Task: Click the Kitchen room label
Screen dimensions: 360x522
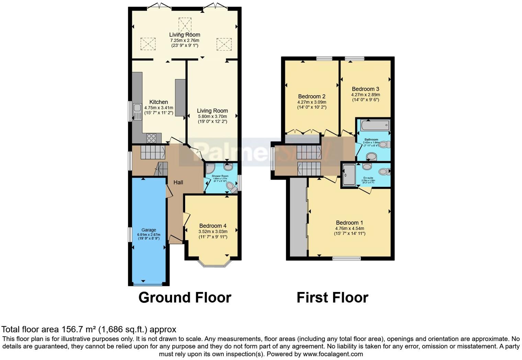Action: click(x=159, y=102)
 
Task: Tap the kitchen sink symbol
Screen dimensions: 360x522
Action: click(x=137, y=111)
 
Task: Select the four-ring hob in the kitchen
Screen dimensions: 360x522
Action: click(x=151, y=138)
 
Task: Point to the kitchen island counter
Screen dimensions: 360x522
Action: click(x=180, y=98)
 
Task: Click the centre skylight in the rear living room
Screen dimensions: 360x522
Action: click(x=184, y=24)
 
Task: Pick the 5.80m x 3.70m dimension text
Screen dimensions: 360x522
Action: click(x=212, y=116)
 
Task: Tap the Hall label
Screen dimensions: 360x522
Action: click(x=178, y=182)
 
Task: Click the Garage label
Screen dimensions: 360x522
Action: click(x=149, y=230)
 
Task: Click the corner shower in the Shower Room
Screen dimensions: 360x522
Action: click(x=210, y=168)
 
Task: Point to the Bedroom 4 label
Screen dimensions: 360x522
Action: click(x=213, y=226)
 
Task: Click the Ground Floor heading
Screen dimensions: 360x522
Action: click(x=185, y=297)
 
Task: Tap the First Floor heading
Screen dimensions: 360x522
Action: click(x=332, y=297)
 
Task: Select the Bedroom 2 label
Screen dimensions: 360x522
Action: click(x=312, y=97)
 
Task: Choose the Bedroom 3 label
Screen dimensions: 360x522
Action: click(x=365, y=89)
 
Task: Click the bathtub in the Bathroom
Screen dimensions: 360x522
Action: click(x=375, y=125)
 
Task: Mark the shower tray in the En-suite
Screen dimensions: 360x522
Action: click(x=349, y=175)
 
